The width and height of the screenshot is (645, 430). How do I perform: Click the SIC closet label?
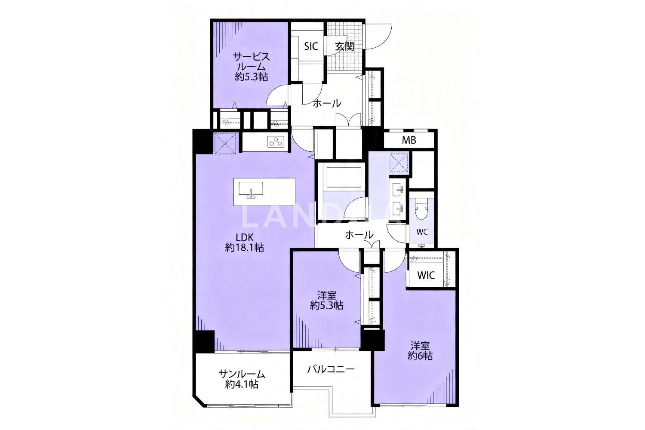pyautogui.click(x=311, y=46)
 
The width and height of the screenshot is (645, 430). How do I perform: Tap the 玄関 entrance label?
pyautogui.click(x=344, y=46)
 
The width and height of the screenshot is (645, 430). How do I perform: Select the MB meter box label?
pyautogui.click(x=409, y=140)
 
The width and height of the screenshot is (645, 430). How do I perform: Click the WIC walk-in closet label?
pyautogui.click(x=426, y=276)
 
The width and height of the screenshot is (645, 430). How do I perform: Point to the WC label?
pyautogui.click(x=422, y=232)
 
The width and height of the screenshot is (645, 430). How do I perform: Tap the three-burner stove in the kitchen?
pyautogui.click(x=276, y=141)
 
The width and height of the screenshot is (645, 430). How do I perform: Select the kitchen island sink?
pyautogui.click(x=251, y=190)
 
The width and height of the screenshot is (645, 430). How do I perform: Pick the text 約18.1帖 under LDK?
pyautogui.click(x=244, y=248)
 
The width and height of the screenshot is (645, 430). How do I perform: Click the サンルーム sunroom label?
pyautogui.click(x=242, y=375)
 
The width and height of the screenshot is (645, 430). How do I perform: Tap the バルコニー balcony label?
pyautogui.click(x=331, y=369)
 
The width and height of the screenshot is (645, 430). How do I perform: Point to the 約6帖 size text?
pyautogui.click(x=420, y=356)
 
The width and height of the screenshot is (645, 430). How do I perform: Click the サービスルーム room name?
pyautogui.click(x=252, y=61)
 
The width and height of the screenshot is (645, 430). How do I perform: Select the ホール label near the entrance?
pyautogui.click(x=327, y=103)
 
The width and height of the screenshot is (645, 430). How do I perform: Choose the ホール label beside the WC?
pyautogui.click(x=359, y=235)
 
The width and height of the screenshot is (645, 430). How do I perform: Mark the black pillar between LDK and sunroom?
pyautogui.click(x=204, y=341)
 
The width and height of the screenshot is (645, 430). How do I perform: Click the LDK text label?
pyautogui.click(x=245, y=238)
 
